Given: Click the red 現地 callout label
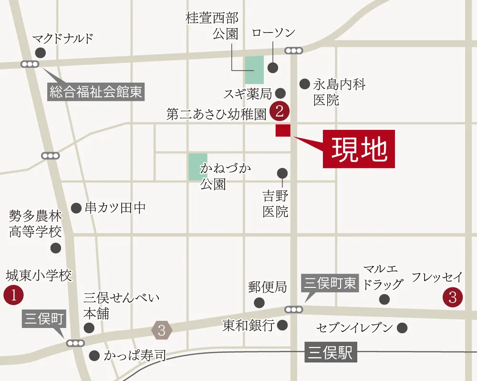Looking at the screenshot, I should pos(359,149).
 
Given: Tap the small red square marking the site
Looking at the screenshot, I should pos(282,130).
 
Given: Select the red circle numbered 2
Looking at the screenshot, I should pos(280,111).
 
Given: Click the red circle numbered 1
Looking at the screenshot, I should pos(13,296).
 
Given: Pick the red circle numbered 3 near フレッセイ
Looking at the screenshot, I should pos(452,297).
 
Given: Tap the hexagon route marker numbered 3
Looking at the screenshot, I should pos(162,330).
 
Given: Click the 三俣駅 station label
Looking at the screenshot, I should pos(330,354).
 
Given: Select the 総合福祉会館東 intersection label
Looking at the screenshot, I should pos(96,91).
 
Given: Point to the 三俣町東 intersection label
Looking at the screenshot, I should pos(330,284).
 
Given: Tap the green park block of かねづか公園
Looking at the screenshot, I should pos(198,167).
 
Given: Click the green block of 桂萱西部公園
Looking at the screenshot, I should pos(254,70).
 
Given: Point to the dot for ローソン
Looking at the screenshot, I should pos(272,67).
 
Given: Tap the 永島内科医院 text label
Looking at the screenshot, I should pos(339,92).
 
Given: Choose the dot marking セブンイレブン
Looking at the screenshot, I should pos(402,328).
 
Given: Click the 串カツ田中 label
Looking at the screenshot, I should pos(114,208).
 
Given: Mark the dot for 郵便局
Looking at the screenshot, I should pos(259,302).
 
